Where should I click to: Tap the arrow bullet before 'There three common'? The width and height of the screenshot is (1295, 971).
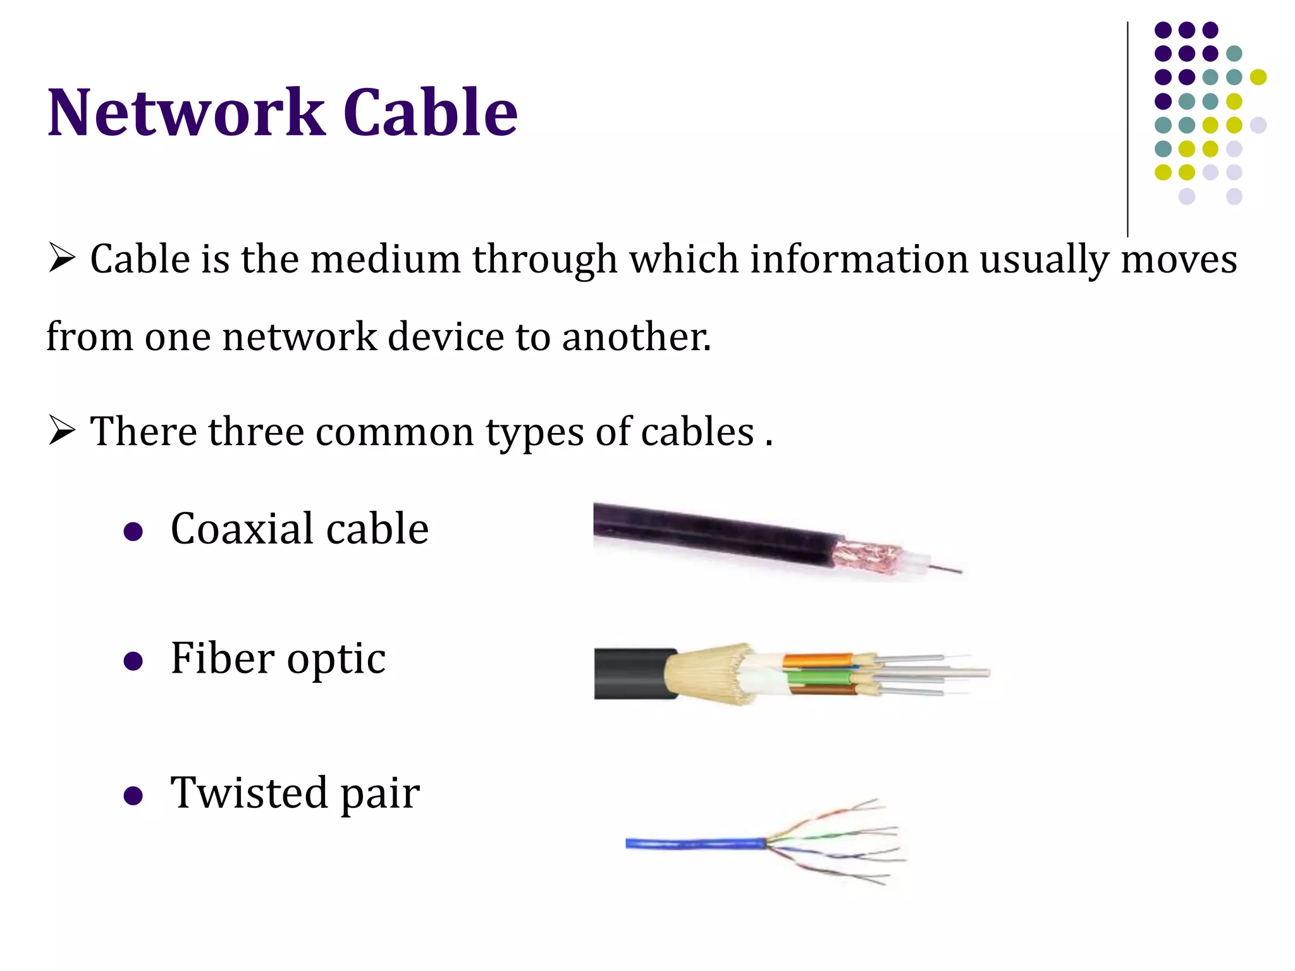(61, 432)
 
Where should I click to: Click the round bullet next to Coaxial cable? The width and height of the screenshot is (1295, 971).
(133, 531)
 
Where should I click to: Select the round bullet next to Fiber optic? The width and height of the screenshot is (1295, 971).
(133, 661)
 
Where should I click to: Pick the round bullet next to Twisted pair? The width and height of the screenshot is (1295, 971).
(133, 795)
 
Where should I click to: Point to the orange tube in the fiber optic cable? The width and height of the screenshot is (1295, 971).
(816, 662)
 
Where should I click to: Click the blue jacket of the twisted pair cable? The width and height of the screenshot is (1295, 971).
(696, 843)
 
